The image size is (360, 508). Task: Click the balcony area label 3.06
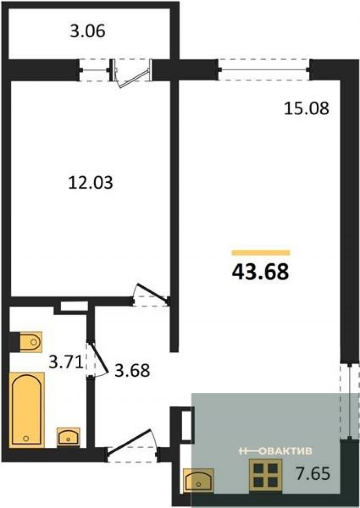point(87,32)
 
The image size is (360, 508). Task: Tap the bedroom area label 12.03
point(91,182)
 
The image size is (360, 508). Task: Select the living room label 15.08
point(306,108)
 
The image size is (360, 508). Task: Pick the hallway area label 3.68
point(133,370)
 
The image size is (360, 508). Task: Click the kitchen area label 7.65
point(313,473)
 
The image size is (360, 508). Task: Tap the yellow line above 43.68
point(261,253)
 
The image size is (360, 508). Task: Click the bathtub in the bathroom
point(27,410)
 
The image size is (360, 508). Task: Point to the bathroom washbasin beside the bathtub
point(68,436)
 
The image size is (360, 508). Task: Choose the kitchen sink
point(198,481)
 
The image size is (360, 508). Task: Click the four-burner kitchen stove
point(265,476)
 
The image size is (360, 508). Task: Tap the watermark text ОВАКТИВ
point(286,451)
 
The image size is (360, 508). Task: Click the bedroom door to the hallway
point(151,295)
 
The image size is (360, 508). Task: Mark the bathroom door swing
point(97,359)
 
